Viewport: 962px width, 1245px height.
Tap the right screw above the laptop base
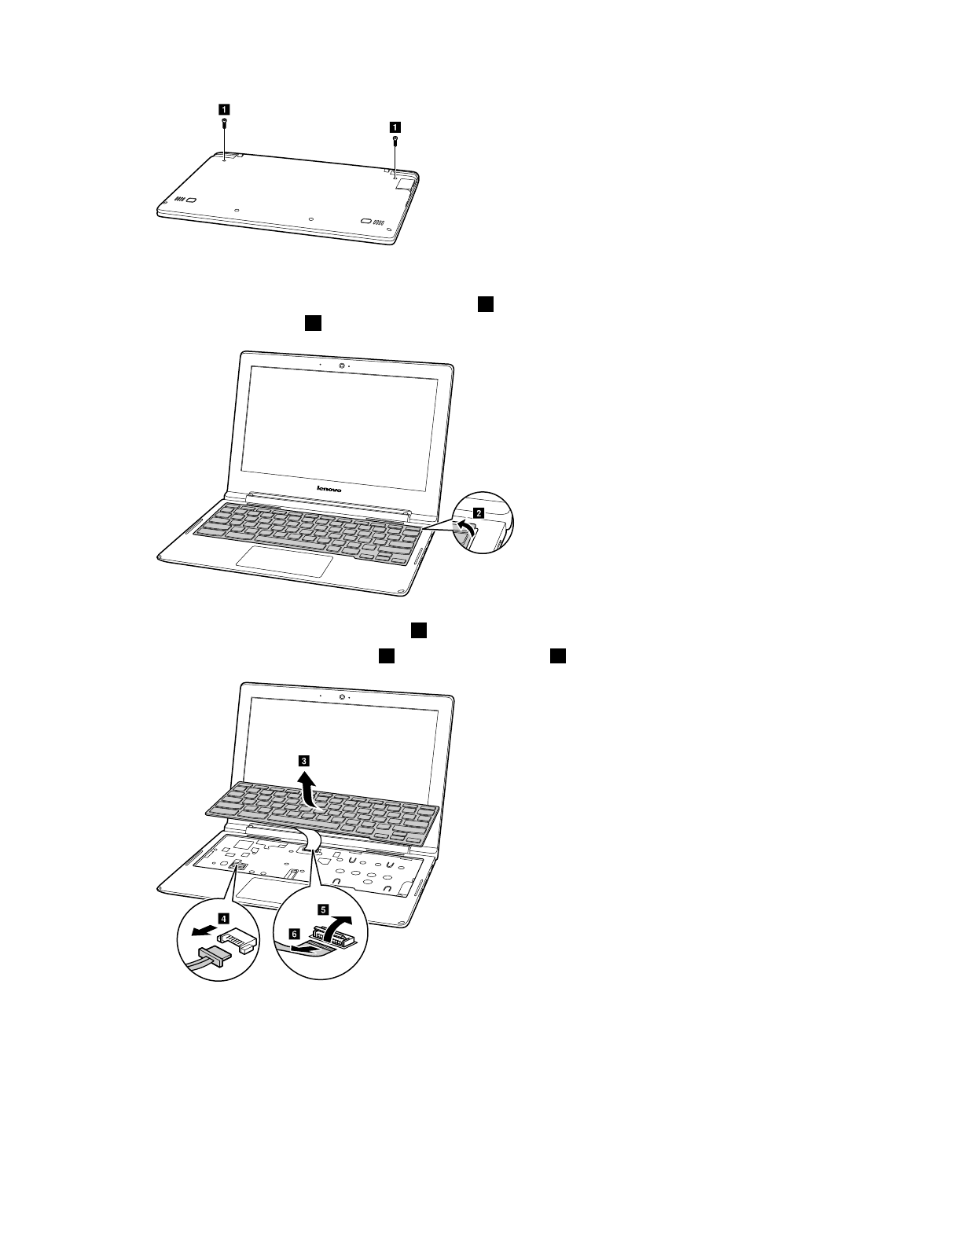(395, 141)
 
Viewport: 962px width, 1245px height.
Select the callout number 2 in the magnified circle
(479, 510)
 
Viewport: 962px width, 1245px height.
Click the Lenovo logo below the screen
(329, 488)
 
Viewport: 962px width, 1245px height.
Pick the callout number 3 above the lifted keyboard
(303, 760)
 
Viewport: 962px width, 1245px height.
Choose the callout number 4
(224, 917)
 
